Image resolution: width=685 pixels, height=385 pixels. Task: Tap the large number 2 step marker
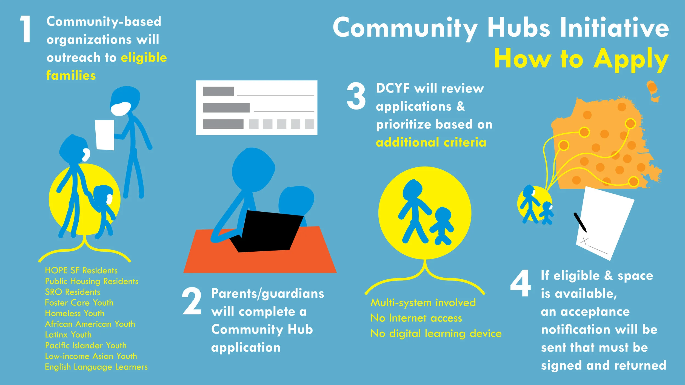192,301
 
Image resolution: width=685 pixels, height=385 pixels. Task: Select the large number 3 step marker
356,96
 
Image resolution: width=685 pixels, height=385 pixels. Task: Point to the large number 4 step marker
520,283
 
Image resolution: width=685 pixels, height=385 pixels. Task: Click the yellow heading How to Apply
581,59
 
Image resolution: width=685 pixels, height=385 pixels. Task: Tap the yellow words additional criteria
431,142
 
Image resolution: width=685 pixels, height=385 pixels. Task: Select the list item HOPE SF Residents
81,271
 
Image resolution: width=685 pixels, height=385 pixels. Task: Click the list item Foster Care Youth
79,303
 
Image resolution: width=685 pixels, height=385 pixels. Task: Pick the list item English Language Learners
96,367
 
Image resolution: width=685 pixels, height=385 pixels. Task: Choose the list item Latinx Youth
68,335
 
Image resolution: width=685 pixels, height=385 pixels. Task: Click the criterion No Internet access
416,318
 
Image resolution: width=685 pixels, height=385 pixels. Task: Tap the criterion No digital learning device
436,334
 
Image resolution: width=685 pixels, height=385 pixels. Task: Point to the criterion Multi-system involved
423,303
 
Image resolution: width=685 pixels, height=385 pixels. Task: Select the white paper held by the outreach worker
105,135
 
